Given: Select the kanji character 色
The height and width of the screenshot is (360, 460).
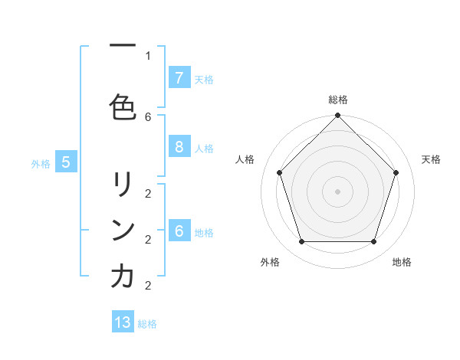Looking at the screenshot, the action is point(123,106).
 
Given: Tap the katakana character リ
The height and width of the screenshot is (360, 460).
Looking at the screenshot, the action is point(123,184).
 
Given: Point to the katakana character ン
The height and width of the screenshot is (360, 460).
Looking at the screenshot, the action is point(123,230).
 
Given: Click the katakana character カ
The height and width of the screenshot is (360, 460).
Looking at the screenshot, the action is point(123,277).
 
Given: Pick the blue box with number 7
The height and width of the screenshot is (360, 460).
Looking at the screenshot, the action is point(179,78).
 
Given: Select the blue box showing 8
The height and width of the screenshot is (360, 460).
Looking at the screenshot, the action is point(179,148).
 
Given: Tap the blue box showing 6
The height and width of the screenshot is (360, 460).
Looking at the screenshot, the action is point(179,231).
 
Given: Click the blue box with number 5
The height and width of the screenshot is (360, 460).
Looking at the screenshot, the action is point(66,162).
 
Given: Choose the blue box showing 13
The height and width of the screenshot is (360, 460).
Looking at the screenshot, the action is point(123,322).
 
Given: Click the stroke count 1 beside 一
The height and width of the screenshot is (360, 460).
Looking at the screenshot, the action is point(148,55).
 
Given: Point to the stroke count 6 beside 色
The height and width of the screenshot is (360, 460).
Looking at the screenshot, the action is point(148,116).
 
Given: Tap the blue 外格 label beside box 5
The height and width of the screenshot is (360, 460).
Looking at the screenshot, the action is point(41,163).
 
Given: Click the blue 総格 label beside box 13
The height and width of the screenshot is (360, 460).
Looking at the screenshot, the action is point(147,324).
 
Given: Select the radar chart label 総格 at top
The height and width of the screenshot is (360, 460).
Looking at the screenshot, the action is point(337,100).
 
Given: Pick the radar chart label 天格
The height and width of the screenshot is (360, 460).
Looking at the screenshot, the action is point(431,159).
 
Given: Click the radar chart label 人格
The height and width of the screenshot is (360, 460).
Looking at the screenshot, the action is point(245,159).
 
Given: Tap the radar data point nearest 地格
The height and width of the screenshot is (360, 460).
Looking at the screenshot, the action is point(373,241).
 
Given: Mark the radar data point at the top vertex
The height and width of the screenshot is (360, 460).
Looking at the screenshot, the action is point(337,116).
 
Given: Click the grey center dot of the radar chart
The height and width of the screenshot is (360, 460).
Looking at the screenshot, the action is point(337,191).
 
